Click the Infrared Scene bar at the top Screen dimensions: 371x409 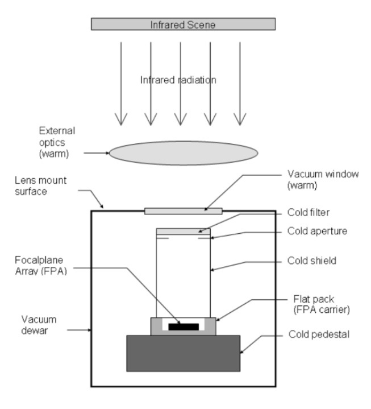183,24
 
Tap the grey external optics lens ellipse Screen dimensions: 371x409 184,153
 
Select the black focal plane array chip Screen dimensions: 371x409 184,327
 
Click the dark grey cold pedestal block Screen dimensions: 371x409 183,353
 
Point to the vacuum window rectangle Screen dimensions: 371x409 184,211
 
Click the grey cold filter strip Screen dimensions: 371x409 184,232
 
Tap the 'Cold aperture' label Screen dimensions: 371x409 318,231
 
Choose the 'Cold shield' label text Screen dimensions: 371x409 312,261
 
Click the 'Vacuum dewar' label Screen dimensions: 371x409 39,325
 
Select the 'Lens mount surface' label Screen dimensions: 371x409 41,185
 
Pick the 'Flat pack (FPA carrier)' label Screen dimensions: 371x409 322,304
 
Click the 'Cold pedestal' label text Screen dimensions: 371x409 319,334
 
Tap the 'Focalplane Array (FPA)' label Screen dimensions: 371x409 41,266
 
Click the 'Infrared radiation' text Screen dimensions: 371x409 178,80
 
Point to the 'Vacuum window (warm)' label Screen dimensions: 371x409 323,179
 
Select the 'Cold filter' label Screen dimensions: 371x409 309,212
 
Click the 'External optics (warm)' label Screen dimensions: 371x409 57,142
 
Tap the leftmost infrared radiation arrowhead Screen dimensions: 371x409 121,119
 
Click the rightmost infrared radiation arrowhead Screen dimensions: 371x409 240,119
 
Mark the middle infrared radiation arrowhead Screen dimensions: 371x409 181,119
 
